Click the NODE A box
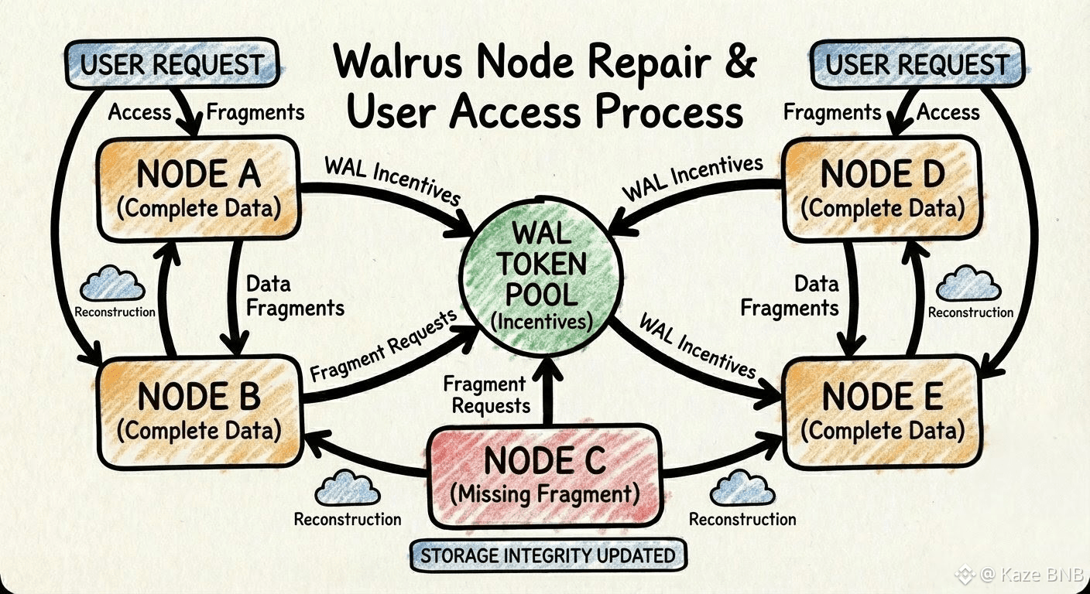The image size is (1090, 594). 199,188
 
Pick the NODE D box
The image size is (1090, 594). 883,188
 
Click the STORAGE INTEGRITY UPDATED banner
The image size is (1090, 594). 547,555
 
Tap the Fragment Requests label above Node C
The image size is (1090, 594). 485,394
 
